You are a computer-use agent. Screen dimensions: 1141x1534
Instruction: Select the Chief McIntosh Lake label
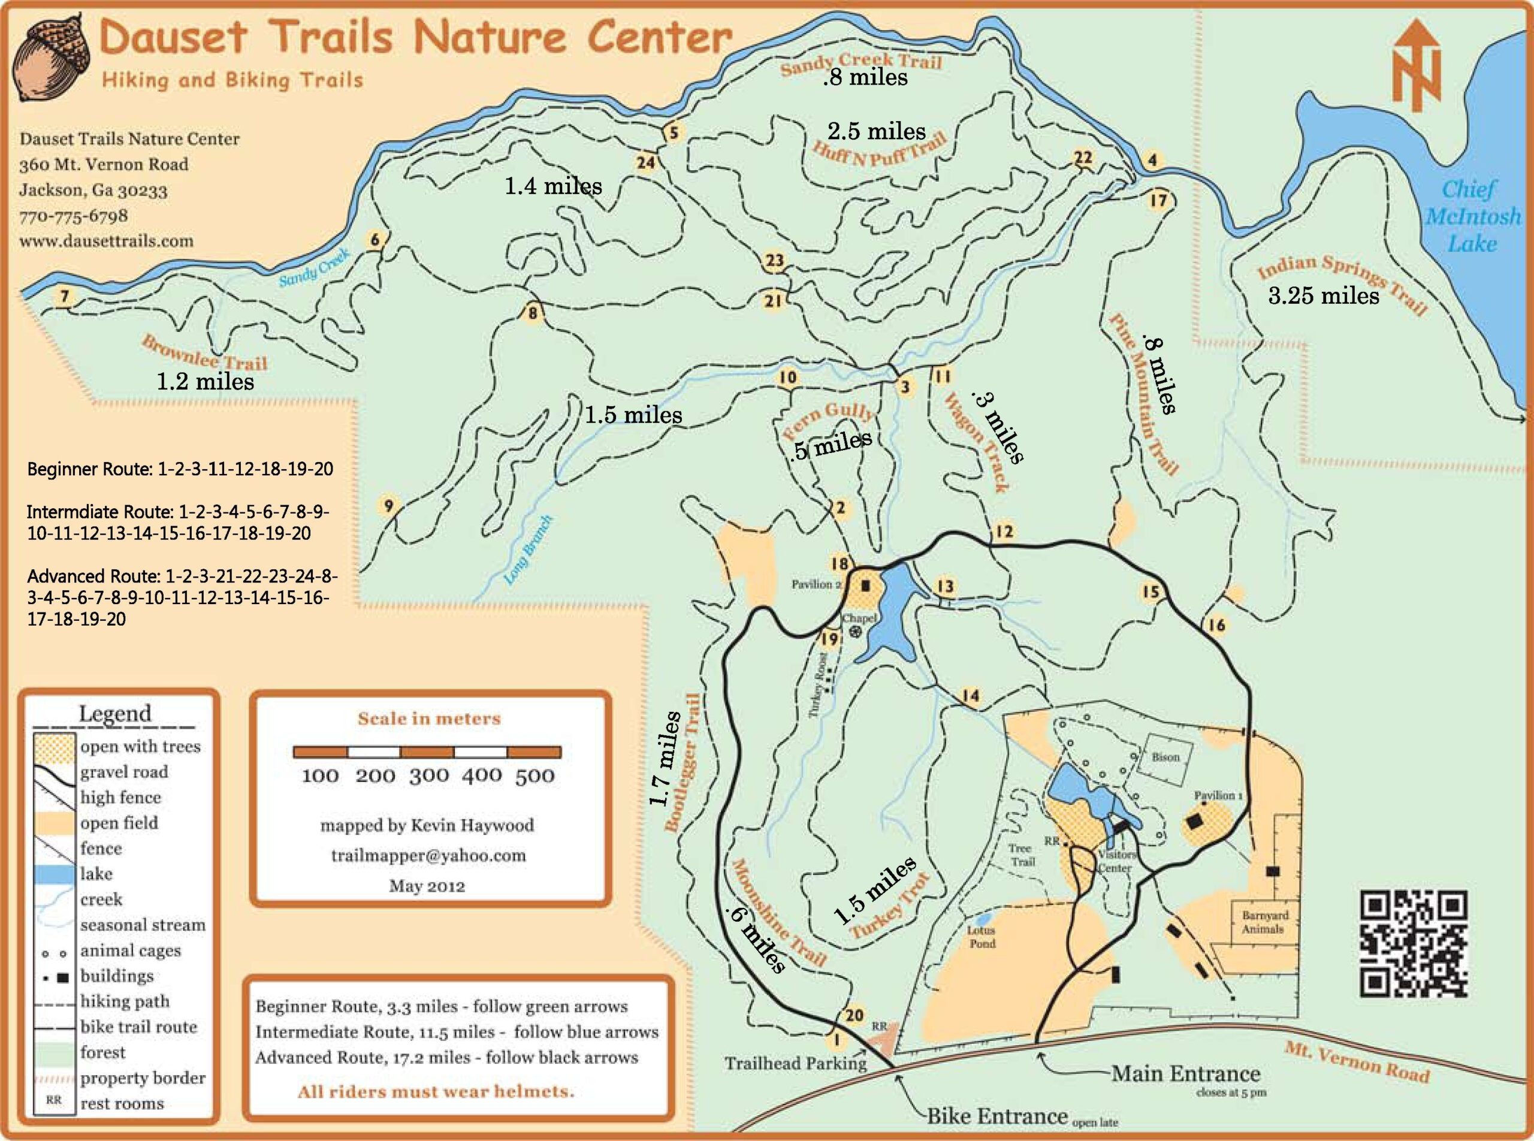(x=1472, y=216)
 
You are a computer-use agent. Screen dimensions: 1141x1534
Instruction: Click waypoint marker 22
(x=1083, y=158)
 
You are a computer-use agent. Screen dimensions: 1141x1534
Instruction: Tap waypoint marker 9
(x=388, y=506)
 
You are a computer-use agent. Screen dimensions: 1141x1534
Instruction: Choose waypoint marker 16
(x=1216, y=625)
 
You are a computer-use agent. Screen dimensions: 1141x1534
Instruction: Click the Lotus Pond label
(x=981, y=937)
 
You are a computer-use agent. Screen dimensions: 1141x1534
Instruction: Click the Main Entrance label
(x=1185, y=1074)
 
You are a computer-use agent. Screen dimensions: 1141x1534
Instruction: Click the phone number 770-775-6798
(x=73, y=216)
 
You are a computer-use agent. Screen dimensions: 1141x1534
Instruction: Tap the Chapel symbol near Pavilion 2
(x=855, y=631)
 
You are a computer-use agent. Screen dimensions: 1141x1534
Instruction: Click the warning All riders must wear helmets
(x=435, y=1092)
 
